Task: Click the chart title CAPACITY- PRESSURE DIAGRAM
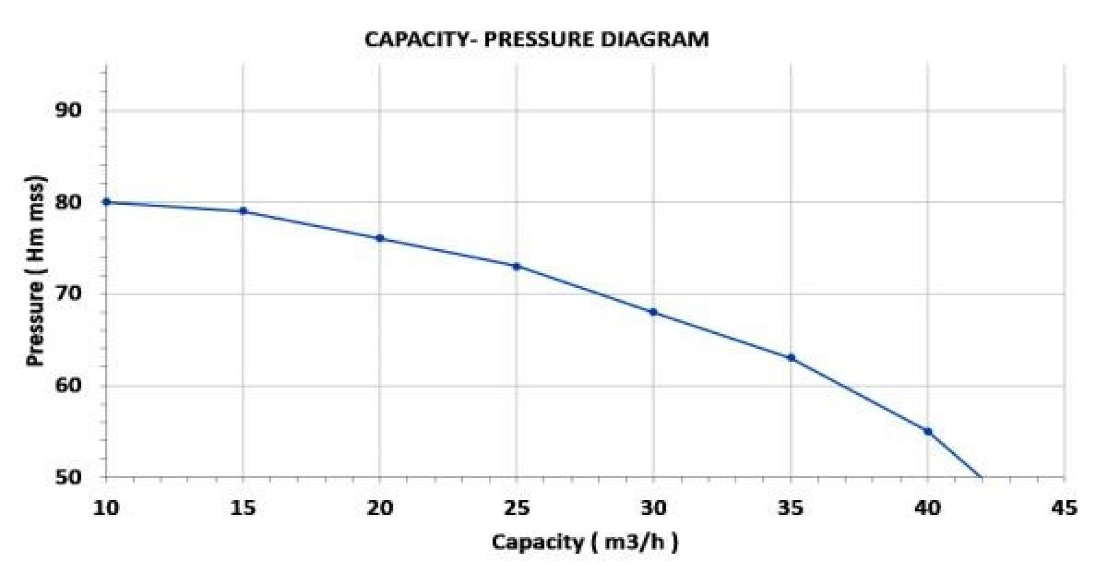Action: click(536, 40)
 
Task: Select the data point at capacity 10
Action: click(106, 202)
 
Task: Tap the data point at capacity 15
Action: click(243, 211)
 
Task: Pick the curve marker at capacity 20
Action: click(380, 238)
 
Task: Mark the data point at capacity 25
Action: click(517, 266)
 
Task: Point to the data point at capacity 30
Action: click(653, 312)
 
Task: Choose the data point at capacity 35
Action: click(791, 358)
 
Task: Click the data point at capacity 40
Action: click(928, 432)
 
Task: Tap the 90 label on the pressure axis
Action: click(68, 110)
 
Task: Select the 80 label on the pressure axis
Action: click(68, 202)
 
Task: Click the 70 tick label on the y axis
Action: click(68, 294)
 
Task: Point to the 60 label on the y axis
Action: click(68, 386)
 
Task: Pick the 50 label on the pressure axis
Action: click(68, 477)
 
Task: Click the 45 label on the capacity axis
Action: click(1064, 508)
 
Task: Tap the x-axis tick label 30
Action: click(653, 508)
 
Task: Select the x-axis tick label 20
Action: click(380, 508)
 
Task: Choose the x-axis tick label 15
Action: click(243, 508)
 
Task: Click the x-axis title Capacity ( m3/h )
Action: click(585, 542)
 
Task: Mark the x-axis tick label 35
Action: click(791, 508)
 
